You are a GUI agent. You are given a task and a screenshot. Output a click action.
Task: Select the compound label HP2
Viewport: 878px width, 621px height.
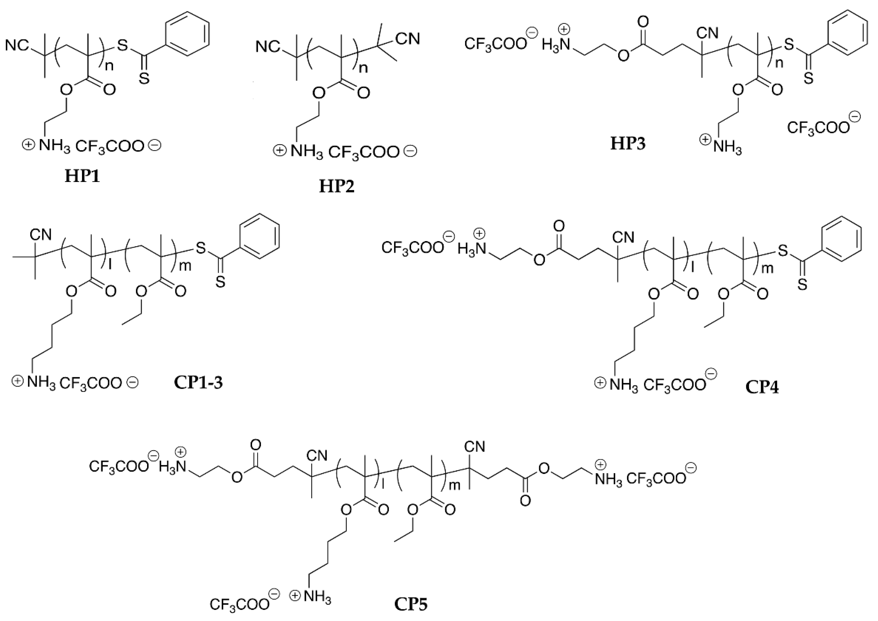[337, 186]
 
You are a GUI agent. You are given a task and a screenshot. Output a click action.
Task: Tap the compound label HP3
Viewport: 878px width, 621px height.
[628, 144]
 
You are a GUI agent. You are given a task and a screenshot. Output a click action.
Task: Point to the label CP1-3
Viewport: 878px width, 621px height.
[198, 382]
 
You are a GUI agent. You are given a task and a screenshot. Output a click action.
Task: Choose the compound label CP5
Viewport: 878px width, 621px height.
[411, 604]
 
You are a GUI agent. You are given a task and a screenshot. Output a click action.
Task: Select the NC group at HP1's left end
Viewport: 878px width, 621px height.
[17, 46]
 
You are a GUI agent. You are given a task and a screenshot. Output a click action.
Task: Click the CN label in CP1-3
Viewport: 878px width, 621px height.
[41, 234]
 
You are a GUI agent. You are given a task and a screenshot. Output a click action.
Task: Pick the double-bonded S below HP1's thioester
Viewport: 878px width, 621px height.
[144, 79]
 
